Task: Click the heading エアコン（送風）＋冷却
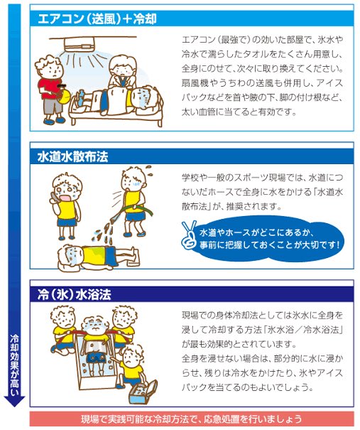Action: click(97, 19)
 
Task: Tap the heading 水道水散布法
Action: click(72, 157)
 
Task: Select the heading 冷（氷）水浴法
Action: click(75, 294)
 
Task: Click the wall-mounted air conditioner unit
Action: click(80, 44)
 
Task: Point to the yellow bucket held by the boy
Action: click(65, 95)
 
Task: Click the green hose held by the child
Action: click(135, 210)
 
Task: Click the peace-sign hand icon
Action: click(189, 235)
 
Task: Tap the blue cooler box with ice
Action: click(143, 392)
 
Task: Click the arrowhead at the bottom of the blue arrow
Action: click(14, 401)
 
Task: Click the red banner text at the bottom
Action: click(192, 419)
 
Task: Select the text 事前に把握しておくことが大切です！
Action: click(270, 245)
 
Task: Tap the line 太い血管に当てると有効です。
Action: click(239, 112)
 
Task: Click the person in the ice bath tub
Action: click(95, 343)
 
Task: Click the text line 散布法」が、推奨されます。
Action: click(231, 206)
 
